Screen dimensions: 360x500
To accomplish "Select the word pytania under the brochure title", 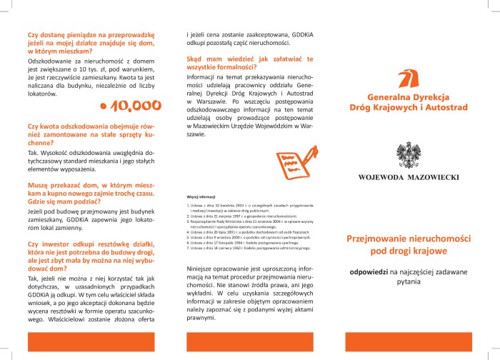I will (409, 283).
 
